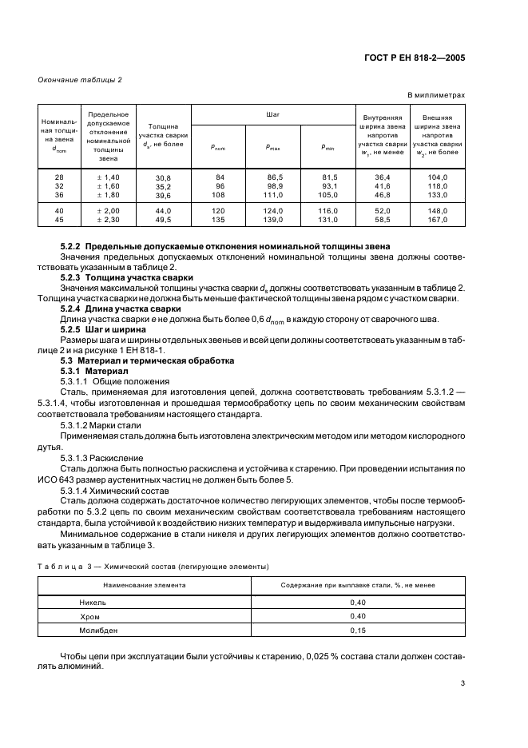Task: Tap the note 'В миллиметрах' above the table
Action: [437, 95]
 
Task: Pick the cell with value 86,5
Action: [275, 177]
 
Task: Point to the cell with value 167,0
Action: [437, 219]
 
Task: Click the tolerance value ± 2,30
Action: [108, 219]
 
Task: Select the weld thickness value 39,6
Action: [163, 196]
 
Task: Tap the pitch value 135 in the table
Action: [217, 219]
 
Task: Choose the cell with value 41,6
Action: [382, 185]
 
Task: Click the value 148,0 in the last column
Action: [437, 210]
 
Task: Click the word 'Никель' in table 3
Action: [92, 601]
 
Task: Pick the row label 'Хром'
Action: [89, 615]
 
